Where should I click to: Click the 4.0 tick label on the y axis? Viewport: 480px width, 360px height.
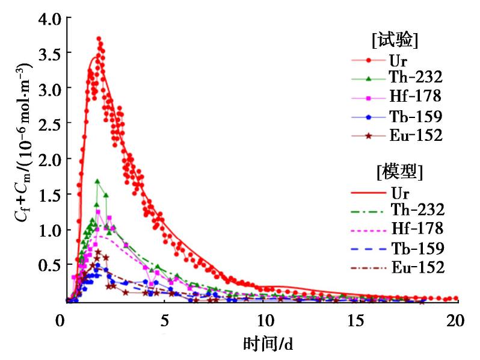tap(51, 19)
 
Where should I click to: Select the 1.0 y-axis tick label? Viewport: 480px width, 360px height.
tap(51, 230)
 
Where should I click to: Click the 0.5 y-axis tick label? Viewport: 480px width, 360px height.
tap(51, 265)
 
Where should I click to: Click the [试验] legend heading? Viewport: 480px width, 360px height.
tap(395, 41)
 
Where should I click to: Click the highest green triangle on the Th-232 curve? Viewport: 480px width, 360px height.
tap(97, 181)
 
